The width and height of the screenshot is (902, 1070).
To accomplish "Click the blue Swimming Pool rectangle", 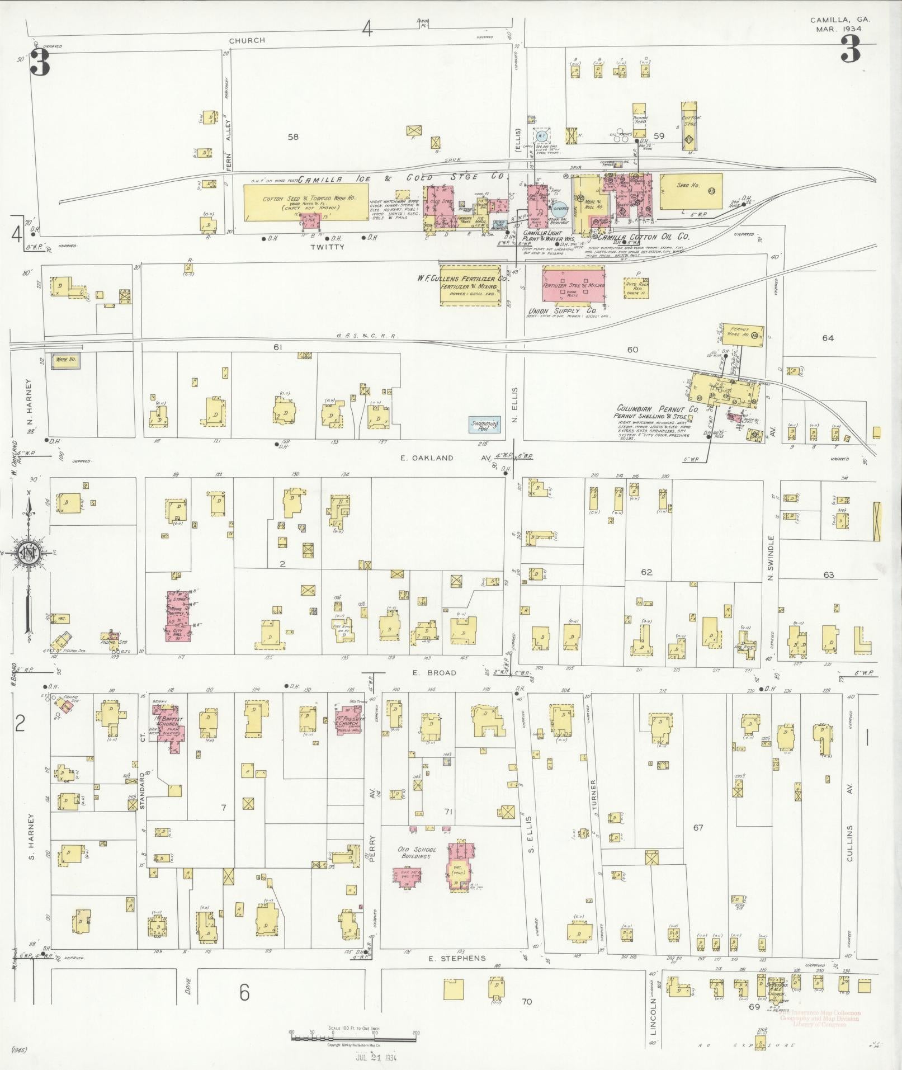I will pyautogui.click(x=484, y=425).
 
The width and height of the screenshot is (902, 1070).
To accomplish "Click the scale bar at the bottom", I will pyautogui.click(x=353, y=1038).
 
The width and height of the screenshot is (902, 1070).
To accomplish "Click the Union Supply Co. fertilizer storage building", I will pyautogui.click(x=574, y=285).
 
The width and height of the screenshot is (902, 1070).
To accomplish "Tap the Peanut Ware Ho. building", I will pyautogui.click(x=743, y=333).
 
